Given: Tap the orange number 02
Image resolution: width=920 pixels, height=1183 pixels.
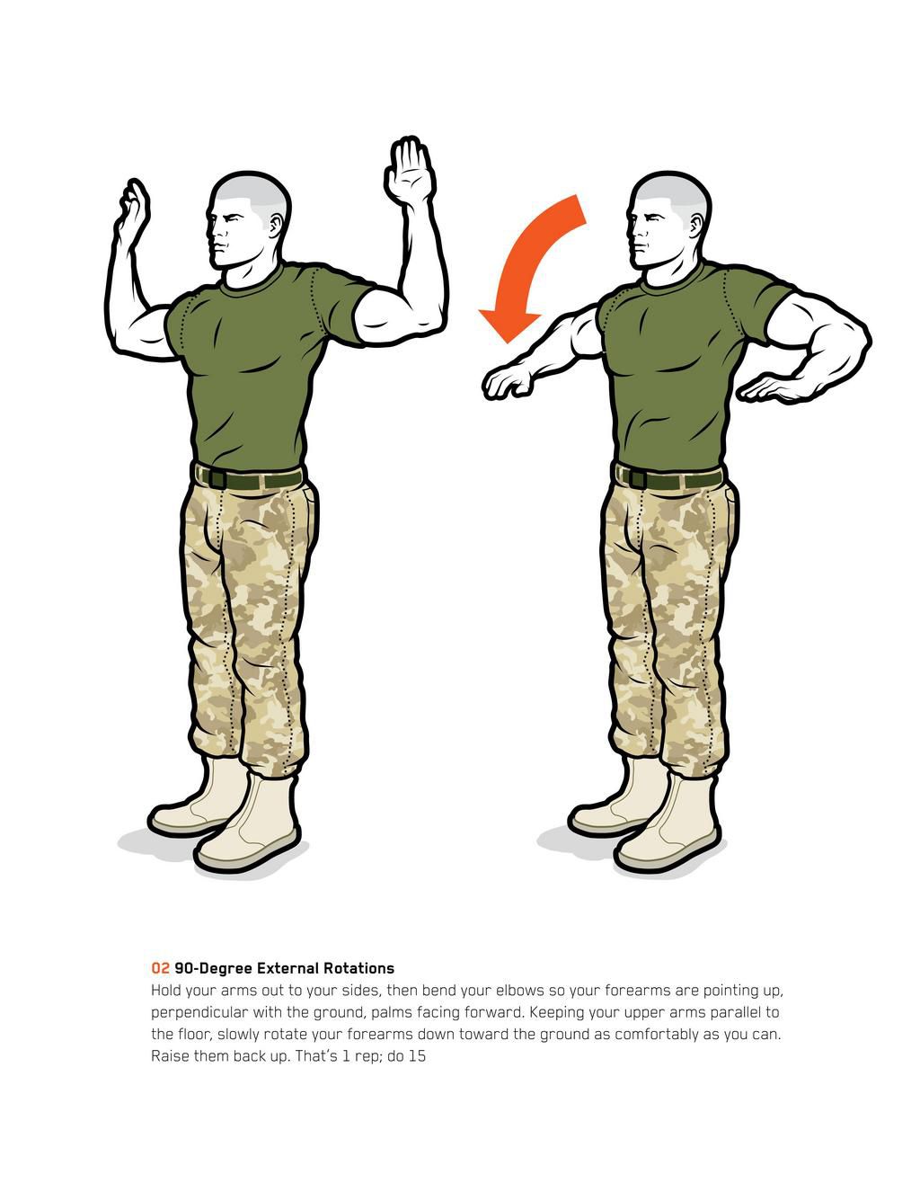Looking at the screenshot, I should pyautogui.click(x=160, y=968).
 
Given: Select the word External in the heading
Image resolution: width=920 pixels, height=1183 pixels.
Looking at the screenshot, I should pyautogui.click(x=288, y=968).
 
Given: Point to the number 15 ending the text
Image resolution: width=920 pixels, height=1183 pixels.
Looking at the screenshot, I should pyautogui.click(x=417, y=1056).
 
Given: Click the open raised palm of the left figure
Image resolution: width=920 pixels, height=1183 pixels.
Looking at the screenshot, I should pyautogui.click(x=410, y=171).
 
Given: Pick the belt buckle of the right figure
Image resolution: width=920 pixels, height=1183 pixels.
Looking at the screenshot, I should pyautogui.click(x=636, y=477).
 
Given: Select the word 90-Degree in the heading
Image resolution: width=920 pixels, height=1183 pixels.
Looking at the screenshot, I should pyautogui.click(x=214, y=968).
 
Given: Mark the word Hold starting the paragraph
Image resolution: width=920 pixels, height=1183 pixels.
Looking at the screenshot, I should pyautogui.click(x=166, y=991).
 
